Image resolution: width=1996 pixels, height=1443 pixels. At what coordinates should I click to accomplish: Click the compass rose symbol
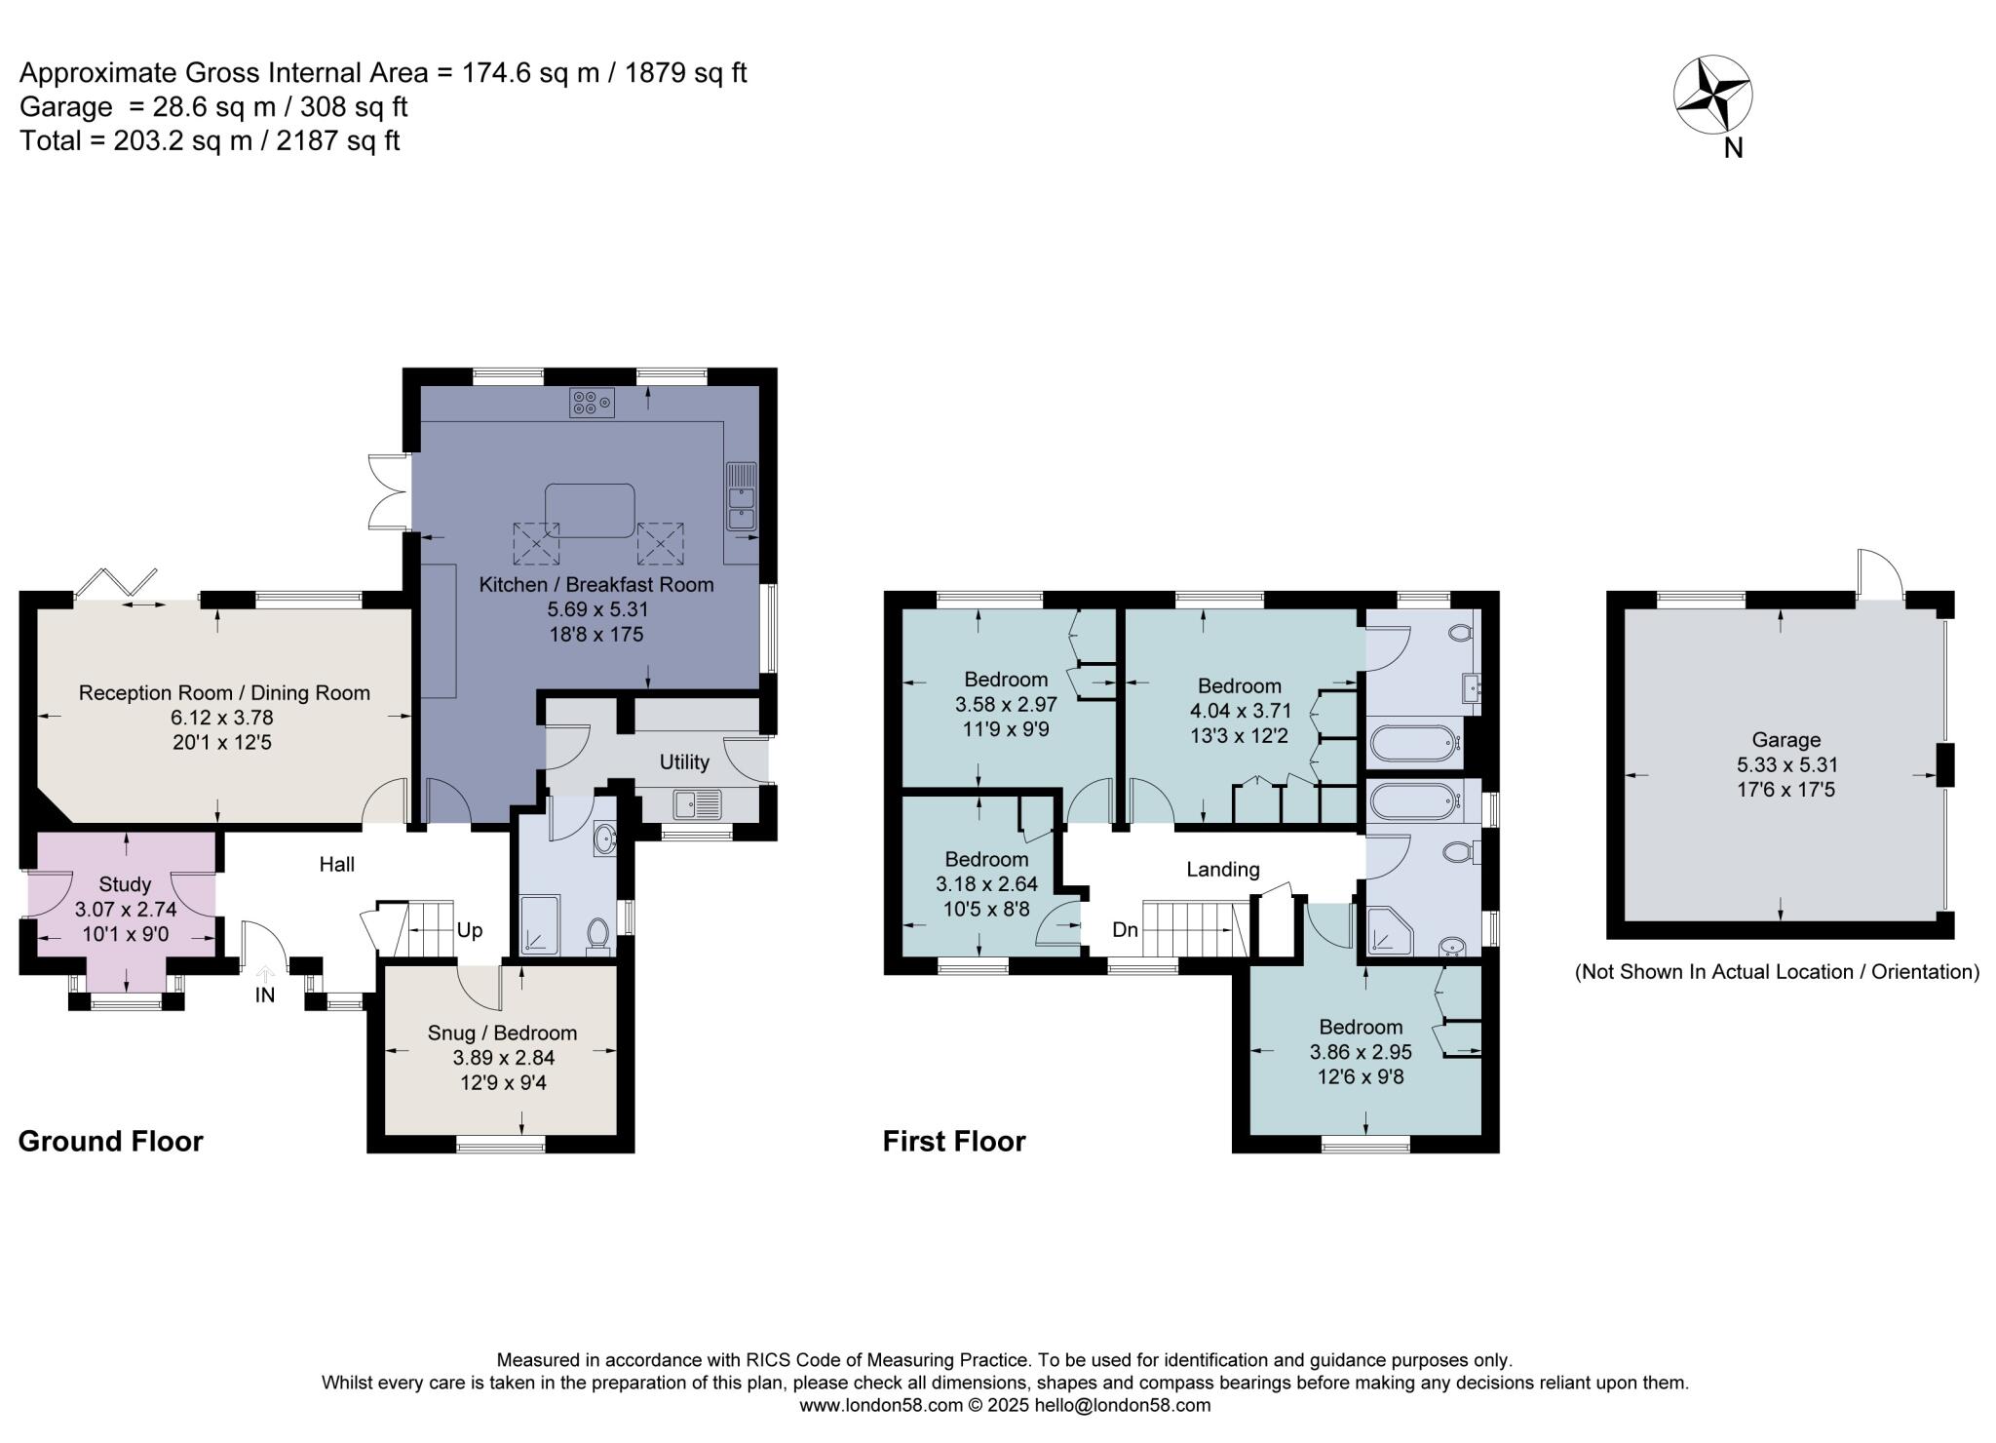pyautogui.click(x=1712, y=96)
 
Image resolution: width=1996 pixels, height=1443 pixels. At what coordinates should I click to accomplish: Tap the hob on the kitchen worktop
pyautogui.click(x=592, y=403)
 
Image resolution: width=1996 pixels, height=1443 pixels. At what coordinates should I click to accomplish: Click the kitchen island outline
pyautogui.click(x=589, y=511)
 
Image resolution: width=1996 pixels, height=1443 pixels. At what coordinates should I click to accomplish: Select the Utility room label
pyautogui.click(x=684, y=762)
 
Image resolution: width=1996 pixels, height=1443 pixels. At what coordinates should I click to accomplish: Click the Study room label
pyautogui.click(x=126, y=884)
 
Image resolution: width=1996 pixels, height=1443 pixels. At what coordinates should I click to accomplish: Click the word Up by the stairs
pyautogui.click(x=470, y=930)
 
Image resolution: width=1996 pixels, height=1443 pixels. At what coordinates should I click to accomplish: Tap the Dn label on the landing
pyautogui.click(x=1125, y=930)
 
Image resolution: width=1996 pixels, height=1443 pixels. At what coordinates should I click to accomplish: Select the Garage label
pyautogui.click(x=1785, y=740)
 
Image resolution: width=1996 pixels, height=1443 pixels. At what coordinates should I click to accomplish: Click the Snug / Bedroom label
pyautogui.click(x=502, y=1033)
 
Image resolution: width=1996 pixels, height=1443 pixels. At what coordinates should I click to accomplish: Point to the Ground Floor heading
pyautogui.click(x=110, y=1142)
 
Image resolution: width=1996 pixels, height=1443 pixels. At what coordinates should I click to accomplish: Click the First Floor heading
pyautogui.click(x=954, y=1142)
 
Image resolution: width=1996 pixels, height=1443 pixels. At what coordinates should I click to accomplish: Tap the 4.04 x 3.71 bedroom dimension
pyautogui.click(x=1239, y=711)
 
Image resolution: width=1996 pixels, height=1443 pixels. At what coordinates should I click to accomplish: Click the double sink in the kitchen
pyautogui.click(x=742, y=508)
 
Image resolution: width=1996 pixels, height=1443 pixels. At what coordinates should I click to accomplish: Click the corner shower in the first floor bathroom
pyautogui.click(x=1386, y=931)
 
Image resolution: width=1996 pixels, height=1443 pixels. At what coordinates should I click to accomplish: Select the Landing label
pyautogui.click(x=1222, y=870)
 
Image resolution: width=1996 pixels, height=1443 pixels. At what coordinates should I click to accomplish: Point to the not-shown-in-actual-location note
pyautogui.click(x=1777, y=972)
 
